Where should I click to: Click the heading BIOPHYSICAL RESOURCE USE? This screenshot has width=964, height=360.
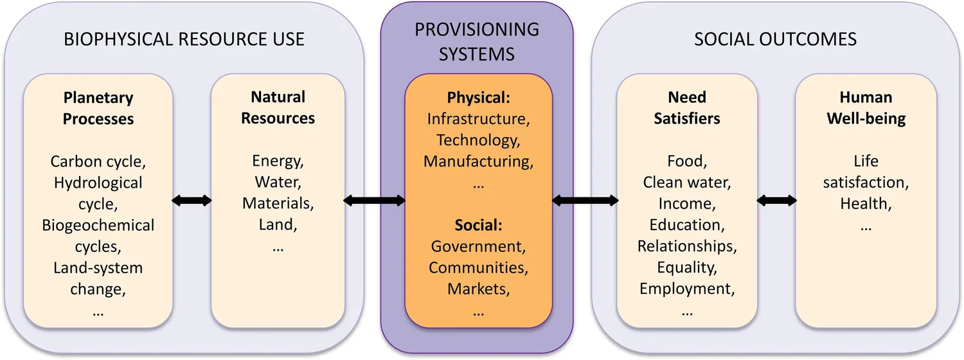pyautogui.click(x=184, y=39)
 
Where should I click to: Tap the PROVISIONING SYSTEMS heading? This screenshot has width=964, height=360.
pyautogui.click(x=476, y=41)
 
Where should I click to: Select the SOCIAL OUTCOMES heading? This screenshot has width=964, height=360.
pyautogui.click(x=775, y=39)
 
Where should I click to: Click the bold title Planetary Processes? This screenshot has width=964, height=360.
pyautogui.click(x=98, y=108)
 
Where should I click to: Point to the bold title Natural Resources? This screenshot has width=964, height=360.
pyautogui.click(x=278, y=107)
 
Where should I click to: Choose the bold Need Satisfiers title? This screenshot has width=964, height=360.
pyautogui.click(x=686, y=108)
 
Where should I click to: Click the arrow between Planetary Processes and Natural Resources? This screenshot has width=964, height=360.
pyautogui.click(x=192, y=201)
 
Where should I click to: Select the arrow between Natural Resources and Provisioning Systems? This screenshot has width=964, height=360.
pyautogui.click(x=374, y=201)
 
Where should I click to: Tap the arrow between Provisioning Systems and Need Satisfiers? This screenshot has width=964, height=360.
pyautogui.click(x=585, y=201)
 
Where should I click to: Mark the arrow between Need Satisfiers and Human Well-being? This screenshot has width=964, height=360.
pyautogui.click(x=776, y=201)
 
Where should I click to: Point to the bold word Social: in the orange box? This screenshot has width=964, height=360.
pyautogui.click(x=478, y=225)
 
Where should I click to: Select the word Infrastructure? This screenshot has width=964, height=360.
pyautogui.click(x=478, y=119)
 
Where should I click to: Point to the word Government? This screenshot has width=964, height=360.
pyautogui.click(x=478, y=246)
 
